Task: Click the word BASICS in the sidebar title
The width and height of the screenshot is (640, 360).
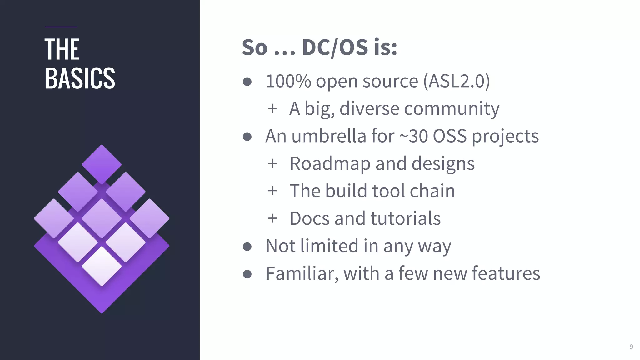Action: point(80,78)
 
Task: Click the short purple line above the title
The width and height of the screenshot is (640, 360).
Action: point(61,27)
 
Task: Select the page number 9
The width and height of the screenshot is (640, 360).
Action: point(631,347)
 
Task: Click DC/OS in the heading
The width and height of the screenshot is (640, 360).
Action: point(335,47)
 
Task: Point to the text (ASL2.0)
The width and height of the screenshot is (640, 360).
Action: point(457,81)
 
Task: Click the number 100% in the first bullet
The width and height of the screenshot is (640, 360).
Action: point(288,81)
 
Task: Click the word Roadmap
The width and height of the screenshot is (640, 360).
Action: point(330,163)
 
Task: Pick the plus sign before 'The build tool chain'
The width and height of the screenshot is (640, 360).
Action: point(272,191)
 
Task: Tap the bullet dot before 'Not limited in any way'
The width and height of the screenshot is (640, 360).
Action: point(247,247)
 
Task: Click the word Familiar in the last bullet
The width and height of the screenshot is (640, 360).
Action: point(302,273)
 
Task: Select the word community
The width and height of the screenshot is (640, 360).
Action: point(452,109)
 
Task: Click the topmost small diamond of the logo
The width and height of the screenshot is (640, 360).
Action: point(102,164)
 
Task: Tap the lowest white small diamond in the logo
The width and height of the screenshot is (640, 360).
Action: point(102,266)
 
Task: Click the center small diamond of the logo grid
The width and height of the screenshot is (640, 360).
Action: point(102,218)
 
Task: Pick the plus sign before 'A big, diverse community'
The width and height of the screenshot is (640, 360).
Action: point(272,108)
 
